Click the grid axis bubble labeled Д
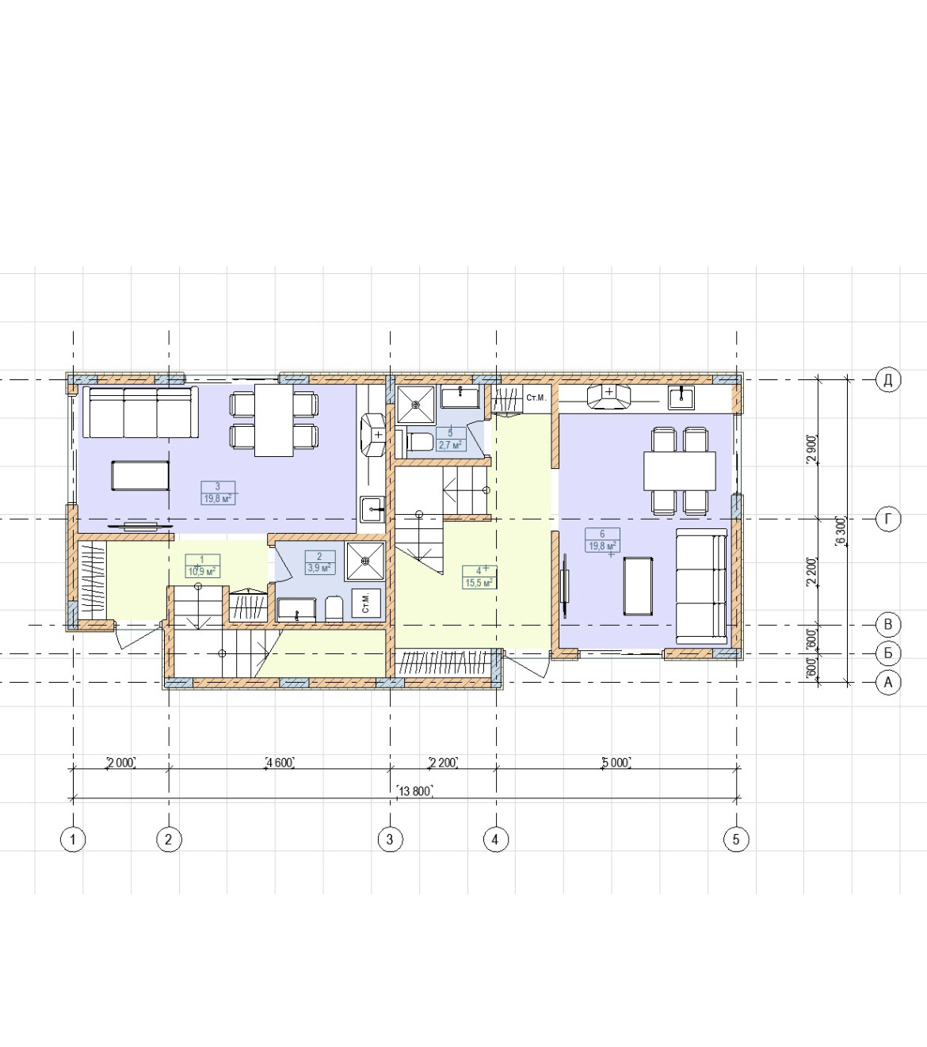pyautogui.click(x=887, y=380)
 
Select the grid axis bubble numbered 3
pyautogui.click(x=390, y=840)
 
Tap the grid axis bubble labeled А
pyautogui.click(x=887, y=683)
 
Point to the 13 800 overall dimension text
pyautogui.click(x=414, y=791)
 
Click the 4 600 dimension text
pyautogui.click(x=280, y=762)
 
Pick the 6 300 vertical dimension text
pyautogui.click(x=841, y=531)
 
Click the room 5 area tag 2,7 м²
pyautogui.click(x=450, y=444)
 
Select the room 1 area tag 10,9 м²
pyautogui.click(x=202, y=572)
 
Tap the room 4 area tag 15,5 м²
pyautogui.click(x=479, y=583)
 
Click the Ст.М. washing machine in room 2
pyautogui.click(x=366, y=603)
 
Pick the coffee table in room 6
pyautogui.click(x=638, y=587)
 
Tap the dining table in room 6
pyautogui.click(x=679, y=470)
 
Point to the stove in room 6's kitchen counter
pyautogui.click(x=609, y=397)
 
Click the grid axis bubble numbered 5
pyautogui.click(x=736, y=840)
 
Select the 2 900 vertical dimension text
pyautogui.click(x=812, y=450)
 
